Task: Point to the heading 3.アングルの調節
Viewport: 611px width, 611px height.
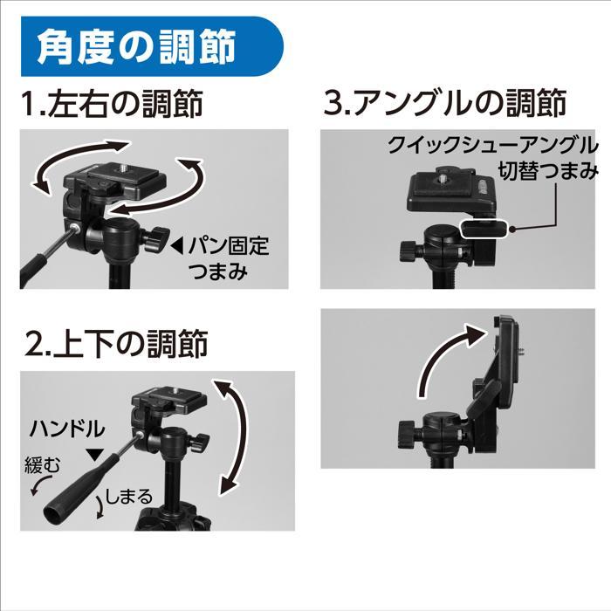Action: [x=445, y=104]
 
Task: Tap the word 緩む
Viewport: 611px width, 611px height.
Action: [x=42, y=467]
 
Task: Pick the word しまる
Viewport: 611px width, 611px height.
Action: [x=128, y=497]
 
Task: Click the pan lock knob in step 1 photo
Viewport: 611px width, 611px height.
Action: [x=159, y=237]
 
